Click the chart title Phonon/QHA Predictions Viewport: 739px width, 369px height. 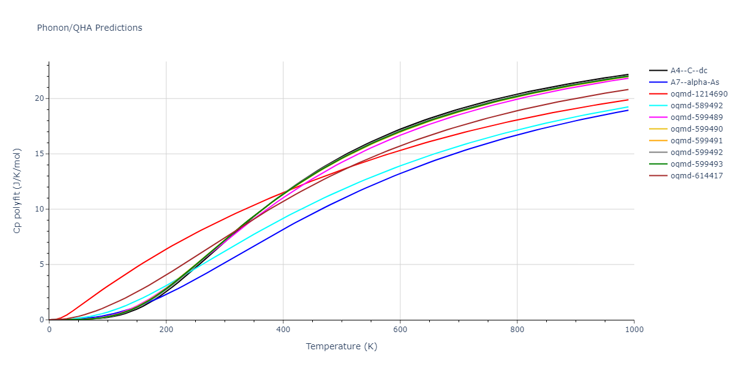pos(89,28)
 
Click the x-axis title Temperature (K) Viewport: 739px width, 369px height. pos(341,346)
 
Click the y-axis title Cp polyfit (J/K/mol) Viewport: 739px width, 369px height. pos(17,191)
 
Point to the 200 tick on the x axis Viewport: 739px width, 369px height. pos(166,329)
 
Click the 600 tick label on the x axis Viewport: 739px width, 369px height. pos(400,329)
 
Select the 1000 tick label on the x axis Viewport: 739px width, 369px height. pos(634,329)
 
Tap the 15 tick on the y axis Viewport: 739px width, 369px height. pos(40,154)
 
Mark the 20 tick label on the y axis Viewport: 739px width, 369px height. pos(40,98)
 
